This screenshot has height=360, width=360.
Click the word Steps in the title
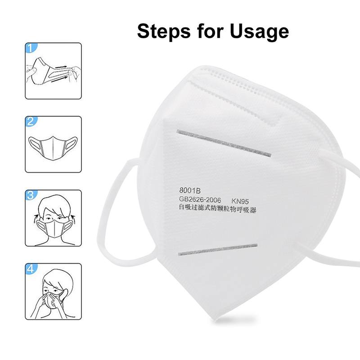pyautogui.click(x=164, y=31)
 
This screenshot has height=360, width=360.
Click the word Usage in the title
pyautogui.click(x=259, y=32)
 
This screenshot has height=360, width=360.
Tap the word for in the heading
pyautogui.click(x=210, y=31)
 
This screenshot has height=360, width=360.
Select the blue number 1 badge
pyautogui.click(x=31, y=48)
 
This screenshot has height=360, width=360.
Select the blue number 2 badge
pyautogui.click(x=31, y=121)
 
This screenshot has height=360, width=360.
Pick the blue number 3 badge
pyautogui.click(x=31, y=195)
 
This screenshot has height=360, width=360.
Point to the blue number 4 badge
pyautogui.click(x=31, y=269)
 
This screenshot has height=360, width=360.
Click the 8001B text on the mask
pyautogui.click(x=189, y=190)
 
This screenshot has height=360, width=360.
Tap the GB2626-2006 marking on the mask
pyautogui.click(x=200, y=199)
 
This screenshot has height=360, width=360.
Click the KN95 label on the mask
pyautogui.click(x=240, y=201)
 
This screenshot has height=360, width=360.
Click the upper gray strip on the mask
pyautogui.click(x=224, y=143)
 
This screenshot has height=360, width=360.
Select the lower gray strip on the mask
pyautogui.click(x=218, y=250)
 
